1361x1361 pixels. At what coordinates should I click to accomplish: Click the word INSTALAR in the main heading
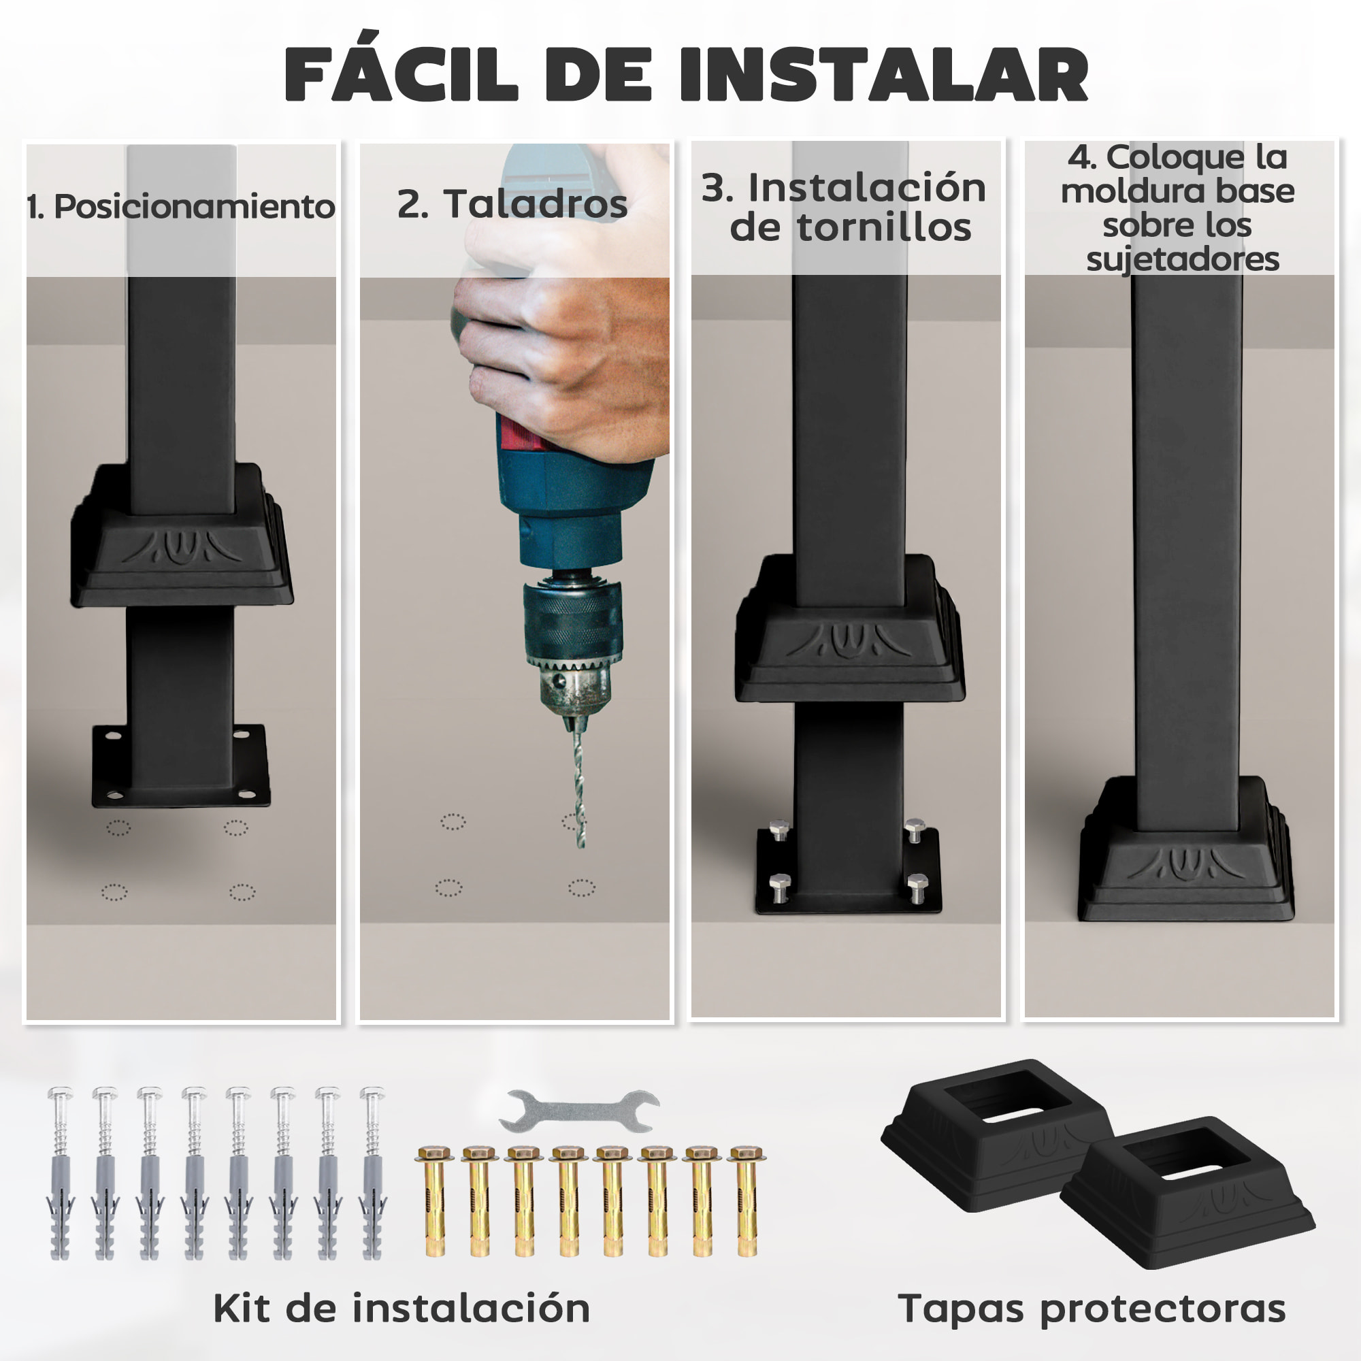pyautogui.click(x=883, y=75)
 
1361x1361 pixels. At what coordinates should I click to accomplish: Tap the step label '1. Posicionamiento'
pyautogui.click(x=180, y=206)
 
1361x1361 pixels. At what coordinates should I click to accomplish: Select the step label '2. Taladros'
pyautogui.click(x=512, y=203)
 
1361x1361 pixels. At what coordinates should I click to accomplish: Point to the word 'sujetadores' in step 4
pyautogui.click(x=1182, y=259)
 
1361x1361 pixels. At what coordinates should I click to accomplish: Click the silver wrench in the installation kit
pyautogui.click(x=579, y=1111)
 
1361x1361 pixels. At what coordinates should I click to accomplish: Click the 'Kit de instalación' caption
pyautogui.click(x=401, y=1308)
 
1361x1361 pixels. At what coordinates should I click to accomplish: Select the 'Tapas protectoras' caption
pyautogui.click(x=1092, y=1309)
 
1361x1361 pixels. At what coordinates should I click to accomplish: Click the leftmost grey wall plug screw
pyautogui.click(x=61, y=1173)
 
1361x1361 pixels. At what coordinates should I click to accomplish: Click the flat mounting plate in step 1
pyautogui.click(x=181, y=768)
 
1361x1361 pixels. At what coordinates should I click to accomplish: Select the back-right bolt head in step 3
pyautogui.click(x=915, y=829)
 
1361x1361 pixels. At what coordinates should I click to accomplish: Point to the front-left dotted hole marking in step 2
pyautogui.click(x=448, y=887)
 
